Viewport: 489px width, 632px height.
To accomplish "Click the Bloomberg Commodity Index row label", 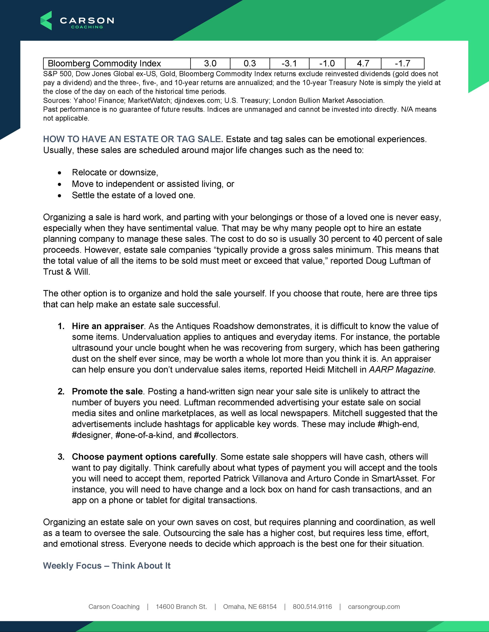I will [x=104, y=63].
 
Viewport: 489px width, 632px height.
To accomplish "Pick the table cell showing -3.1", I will [x=289, y=63].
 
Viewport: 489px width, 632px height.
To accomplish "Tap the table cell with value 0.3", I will [x=250, y=63].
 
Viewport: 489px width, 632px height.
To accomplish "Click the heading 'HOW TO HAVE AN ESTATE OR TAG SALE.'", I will [x=133, y=139].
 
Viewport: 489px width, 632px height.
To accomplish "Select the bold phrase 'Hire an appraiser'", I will [x=108, y=326].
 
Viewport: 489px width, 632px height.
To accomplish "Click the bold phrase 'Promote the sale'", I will [x=107, y=392].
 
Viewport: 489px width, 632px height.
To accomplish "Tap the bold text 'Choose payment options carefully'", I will [x=143, y=457].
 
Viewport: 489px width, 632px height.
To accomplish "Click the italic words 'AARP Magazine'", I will [x=401, y=370].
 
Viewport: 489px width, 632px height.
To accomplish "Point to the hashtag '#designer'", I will [x=91, y=435].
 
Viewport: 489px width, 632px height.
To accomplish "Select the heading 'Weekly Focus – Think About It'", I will [x=107, y=566].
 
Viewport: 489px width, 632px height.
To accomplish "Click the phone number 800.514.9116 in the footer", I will [x=312, y=607].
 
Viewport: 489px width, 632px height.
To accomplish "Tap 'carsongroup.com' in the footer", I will [x=374, y=607].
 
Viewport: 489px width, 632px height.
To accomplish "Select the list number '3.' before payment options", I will [x=61, y=457].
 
